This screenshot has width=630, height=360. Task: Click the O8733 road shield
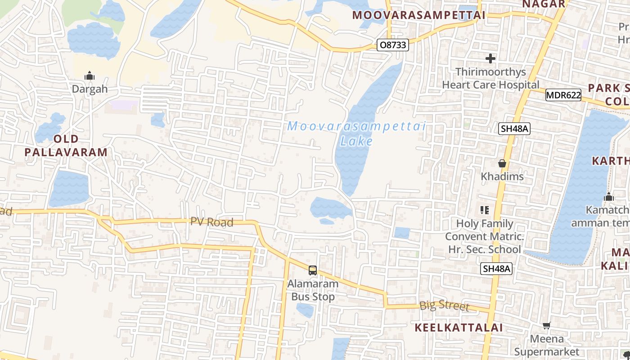click(x=392, y=45)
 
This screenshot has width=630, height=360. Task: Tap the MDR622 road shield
click(x=563, y=95)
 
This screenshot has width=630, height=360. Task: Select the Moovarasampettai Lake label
click(x=356, y=134)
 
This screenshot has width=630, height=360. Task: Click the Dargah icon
click(x=90, y=76)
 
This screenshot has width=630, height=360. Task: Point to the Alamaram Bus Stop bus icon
click(x=313, y=270)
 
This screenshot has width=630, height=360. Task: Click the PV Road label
click(x=211, y=222)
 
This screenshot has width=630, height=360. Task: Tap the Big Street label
click(x=444, y=306)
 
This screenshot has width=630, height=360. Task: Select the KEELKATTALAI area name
click(x=458, y=328)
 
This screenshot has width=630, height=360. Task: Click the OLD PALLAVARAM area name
click(x=66, y=145)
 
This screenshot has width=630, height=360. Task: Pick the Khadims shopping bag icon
click(x=502, y=163)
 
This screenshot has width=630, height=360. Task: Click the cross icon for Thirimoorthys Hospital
click(x=490, y=58)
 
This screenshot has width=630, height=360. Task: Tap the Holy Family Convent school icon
click(x=485, y=210)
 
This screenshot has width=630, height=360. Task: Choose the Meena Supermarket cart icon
click(x=547, y=325)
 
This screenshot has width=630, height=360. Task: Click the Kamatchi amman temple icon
click(x=609, y=197)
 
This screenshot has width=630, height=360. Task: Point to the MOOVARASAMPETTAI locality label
click(x=418, y=15)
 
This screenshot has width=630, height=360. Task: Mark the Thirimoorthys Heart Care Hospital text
click(x=490, y=78)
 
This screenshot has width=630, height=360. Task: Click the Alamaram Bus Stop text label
click(x=313, y=290)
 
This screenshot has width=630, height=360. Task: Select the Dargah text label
click(x=90, y=89)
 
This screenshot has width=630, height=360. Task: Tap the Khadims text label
click(x=502, y=176)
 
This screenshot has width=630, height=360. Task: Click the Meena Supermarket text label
click(x=547, y=345)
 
